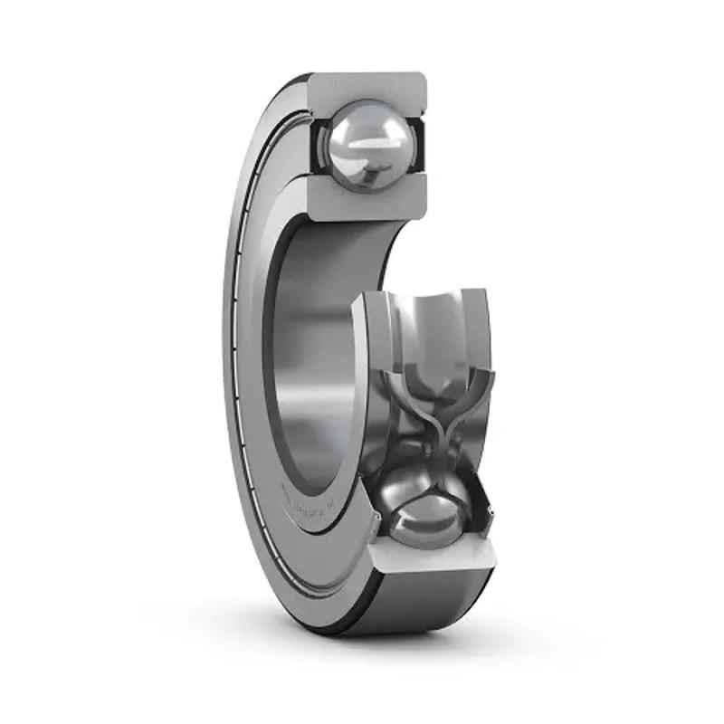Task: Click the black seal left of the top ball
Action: [319, 145]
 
